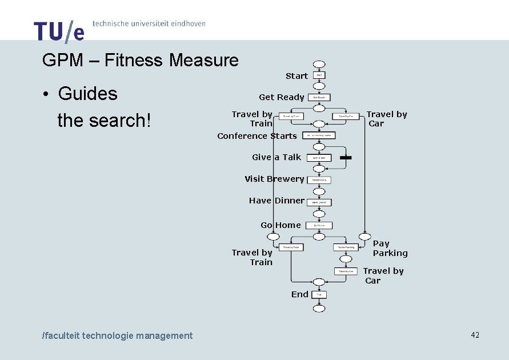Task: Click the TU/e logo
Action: click(59, 31)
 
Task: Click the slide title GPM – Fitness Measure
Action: click(141, 60)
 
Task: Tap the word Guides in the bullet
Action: click(87, 94)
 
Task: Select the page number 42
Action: click(475, 335)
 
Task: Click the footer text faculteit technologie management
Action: click(118, 336)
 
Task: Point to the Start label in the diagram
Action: click(296, 76)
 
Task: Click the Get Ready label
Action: click(281, 97)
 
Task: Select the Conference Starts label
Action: click(257, 136)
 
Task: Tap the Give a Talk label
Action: click(276, 157)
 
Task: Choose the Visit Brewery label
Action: click(274, 179)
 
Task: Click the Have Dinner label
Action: click(276, 201)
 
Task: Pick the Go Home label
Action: click(280, 225)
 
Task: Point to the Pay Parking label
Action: click(390, 249)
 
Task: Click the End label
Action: click(300, 294)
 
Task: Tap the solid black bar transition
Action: click(345, 157)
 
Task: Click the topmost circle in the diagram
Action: click(319, 65)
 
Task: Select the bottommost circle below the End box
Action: click(319, 309)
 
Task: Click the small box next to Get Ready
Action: click(319, 98)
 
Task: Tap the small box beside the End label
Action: click(319, 295)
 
